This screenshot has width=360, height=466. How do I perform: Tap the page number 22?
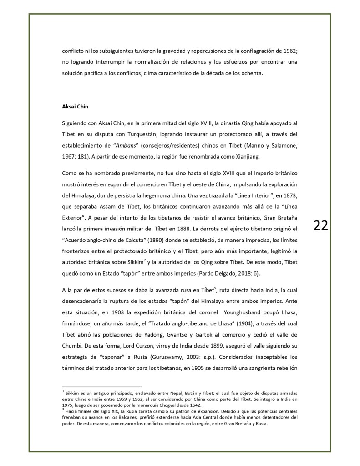point(320,225)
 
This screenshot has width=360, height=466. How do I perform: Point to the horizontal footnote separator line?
point(102,387)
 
